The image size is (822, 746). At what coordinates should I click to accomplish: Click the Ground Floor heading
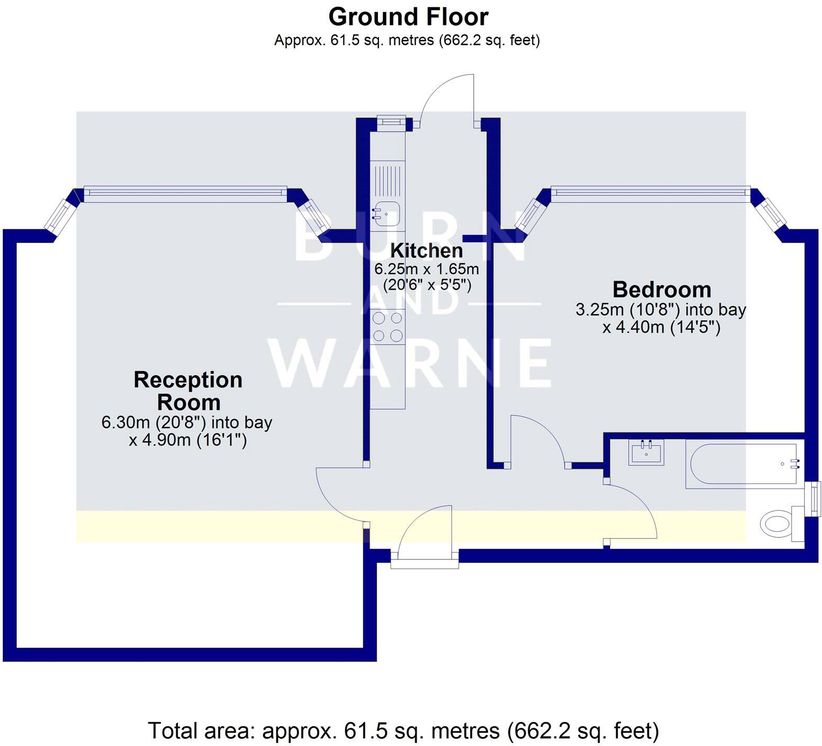click(408, 17)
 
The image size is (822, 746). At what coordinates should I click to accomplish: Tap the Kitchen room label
click(426, 250)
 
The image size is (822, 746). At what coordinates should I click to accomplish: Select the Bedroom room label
click(662, 290)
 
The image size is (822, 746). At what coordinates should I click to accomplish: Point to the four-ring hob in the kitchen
click(387, 326)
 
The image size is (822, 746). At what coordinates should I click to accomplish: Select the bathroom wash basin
click(647, 452)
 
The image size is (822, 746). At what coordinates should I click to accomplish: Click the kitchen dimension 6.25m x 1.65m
click(426, 269)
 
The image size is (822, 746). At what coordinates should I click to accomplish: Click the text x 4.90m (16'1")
click(188, 440)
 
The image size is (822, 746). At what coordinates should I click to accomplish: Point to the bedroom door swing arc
click(539, 435)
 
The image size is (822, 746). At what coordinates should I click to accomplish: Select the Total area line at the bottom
click(403, 730)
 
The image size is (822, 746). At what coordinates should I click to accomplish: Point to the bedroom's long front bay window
click(650, 192)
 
